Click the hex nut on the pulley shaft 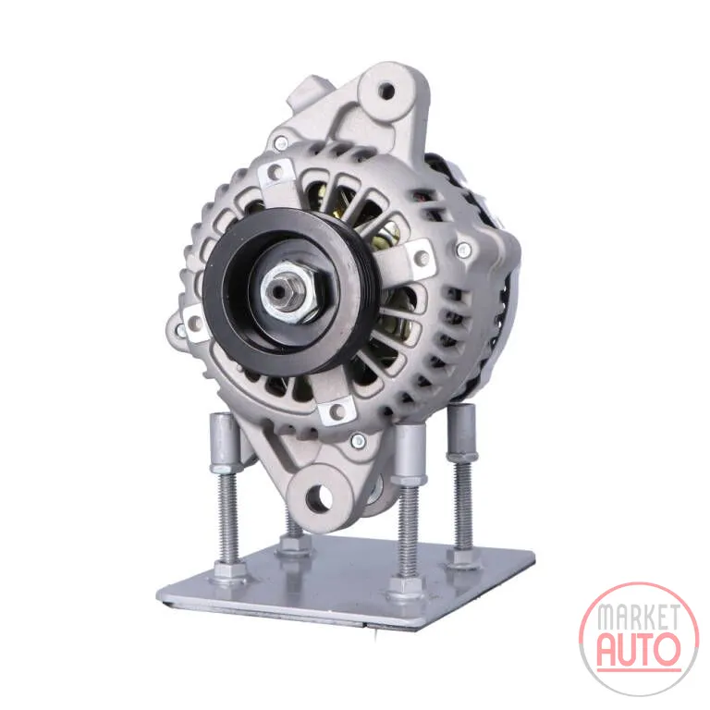(288, 290)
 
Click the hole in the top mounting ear (386, 91)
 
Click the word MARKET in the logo (639, 618)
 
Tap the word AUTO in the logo (639, 649)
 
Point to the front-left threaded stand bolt (228, 520)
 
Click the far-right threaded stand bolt (463, 503)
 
